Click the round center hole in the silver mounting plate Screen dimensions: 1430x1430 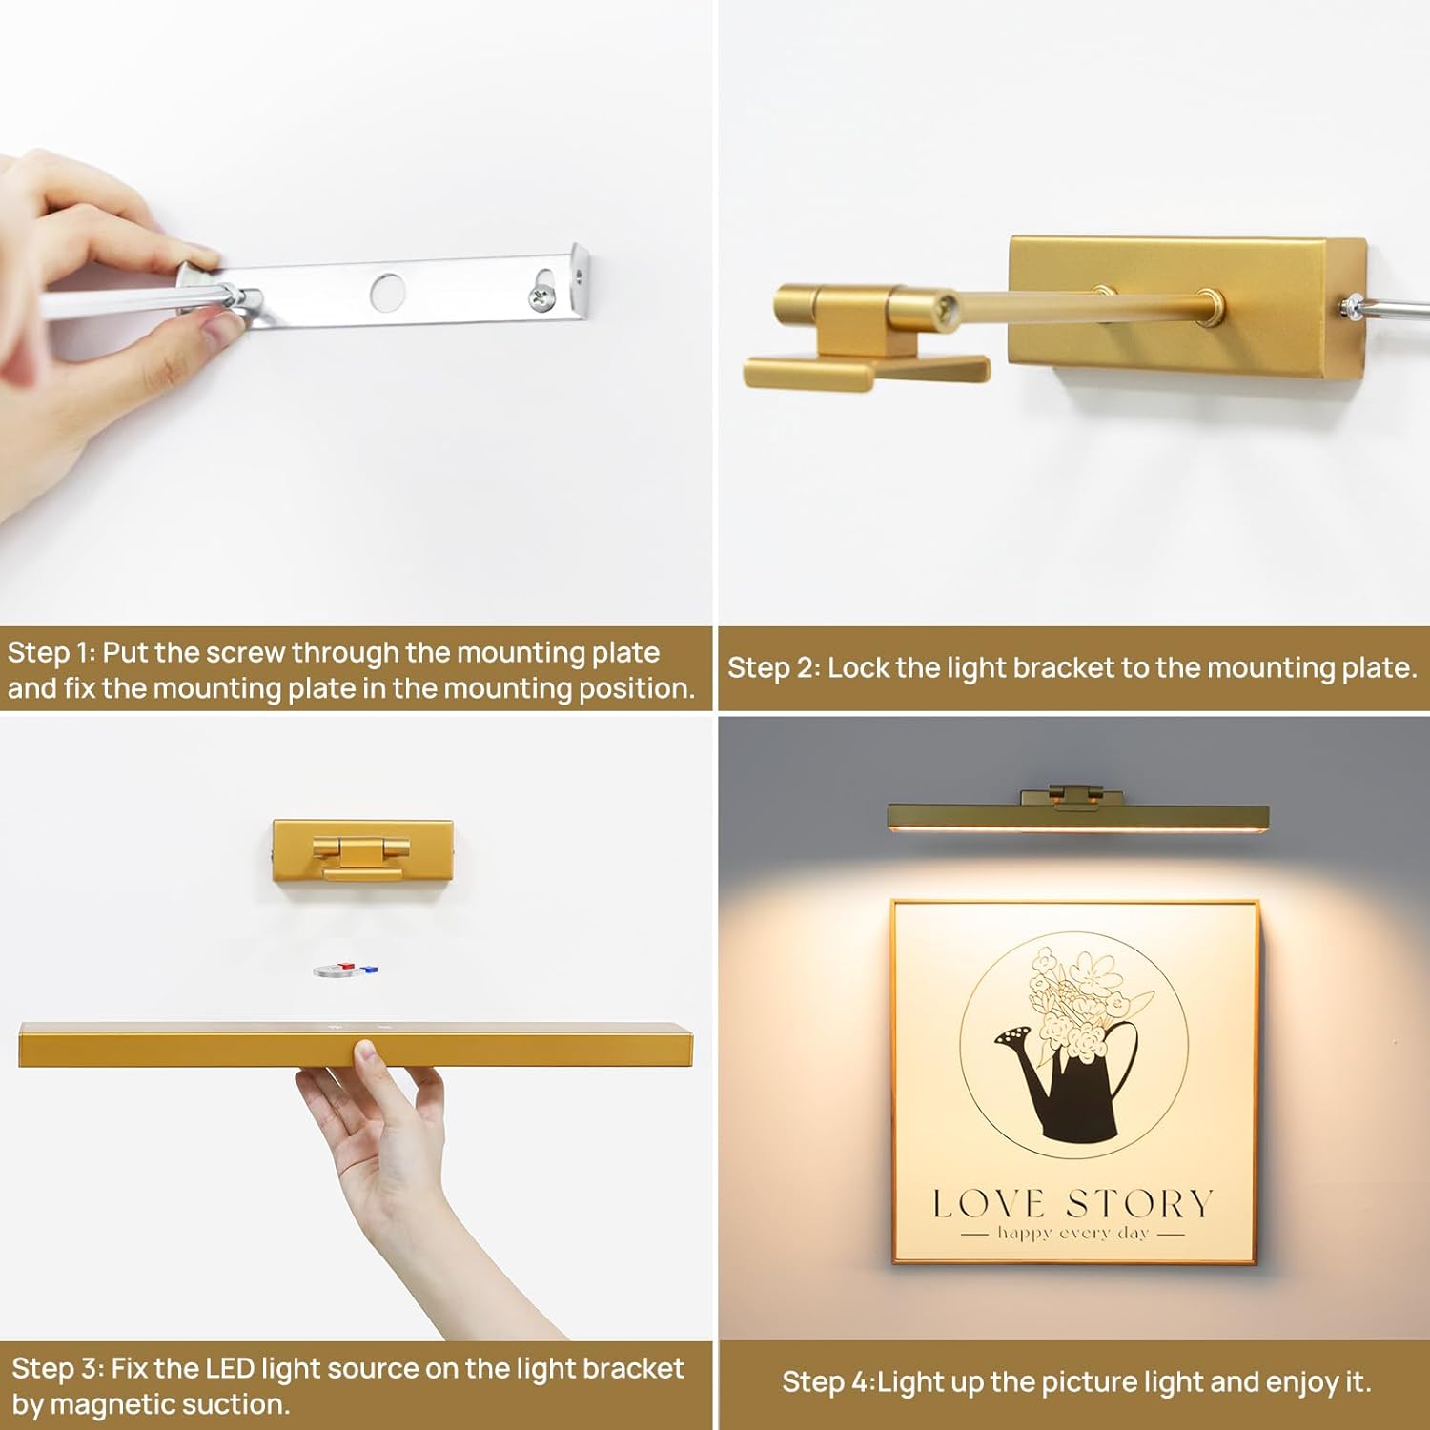(x=387, y=293)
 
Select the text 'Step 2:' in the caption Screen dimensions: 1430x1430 (x=773, y=667)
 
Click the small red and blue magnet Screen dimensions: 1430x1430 (x=346, y=970)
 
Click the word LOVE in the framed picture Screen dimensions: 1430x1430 (x=989, y=1204)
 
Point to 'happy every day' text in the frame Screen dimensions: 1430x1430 (x=1073, y=1233)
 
